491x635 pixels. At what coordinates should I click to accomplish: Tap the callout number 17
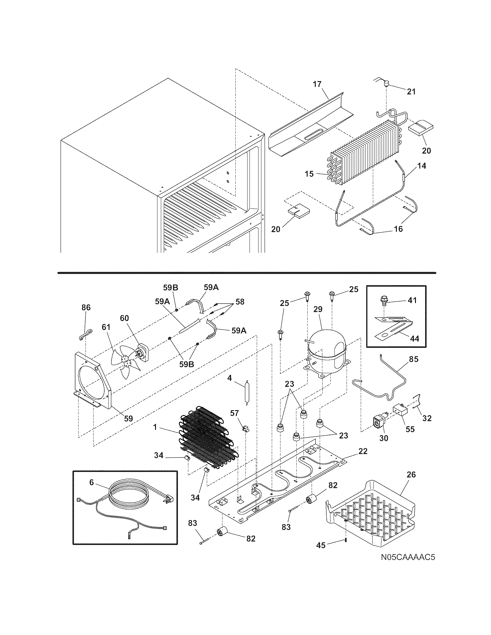(x=317, y=84)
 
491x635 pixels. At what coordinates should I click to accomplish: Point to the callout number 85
(x=414, y=359)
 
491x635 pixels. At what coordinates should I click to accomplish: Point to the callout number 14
(x=421, y=166)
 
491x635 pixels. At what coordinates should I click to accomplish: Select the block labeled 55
(x=399, y=411)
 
